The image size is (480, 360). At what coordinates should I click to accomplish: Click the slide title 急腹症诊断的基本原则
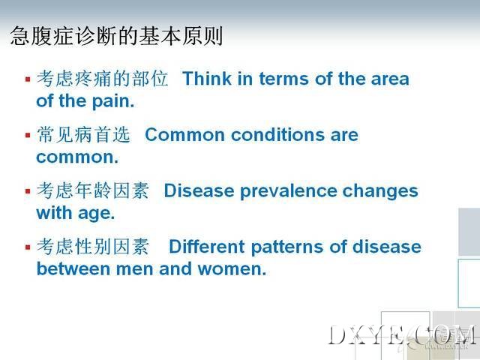click(x=116, y=36)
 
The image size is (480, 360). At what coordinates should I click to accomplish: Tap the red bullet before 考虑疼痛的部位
click(x=28, y=79)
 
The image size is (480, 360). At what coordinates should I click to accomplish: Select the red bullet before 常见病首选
click(x=28, y=135)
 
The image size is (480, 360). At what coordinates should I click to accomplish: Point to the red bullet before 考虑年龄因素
click(x=28, y=191)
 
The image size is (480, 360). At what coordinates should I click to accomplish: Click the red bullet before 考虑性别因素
click(x=28, y=247)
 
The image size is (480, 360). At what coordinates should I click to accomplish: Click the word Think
click(x=207, y=79)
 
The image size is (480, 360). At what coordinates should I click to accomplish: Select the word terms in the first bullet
click(x=283, y=79)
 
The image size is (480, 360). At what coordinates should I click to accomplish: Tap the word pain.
click(x=113, y=101)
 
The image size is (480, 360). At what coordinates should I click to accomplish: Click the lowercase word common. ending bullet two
click(x=77, y=157)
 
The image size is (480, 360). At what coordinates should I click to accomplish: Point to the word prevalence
click(x=289, y=191)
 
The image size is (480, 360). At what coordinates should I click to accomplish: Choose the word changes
click(x=380, y=191)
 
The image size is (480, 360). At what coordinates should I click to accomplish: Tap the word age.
click(x=97, y=214)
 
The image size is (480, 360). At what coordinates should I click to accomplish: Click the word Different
click(x=207, y=247)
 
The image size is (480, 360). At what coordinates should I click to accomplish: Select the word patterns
click(x=287, y=247)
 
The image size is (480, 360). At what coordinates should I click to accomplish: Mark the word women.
click(x=232, y=269)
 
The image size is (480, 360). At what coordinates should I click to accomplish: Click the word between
click(x=73, y=268)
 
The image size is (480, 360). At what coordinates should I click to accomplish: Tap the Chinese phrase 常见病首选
click(x=83, y=135)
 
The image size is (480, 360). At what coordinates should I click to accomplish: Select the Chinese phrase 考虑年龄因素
click(x=93, y=190)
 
